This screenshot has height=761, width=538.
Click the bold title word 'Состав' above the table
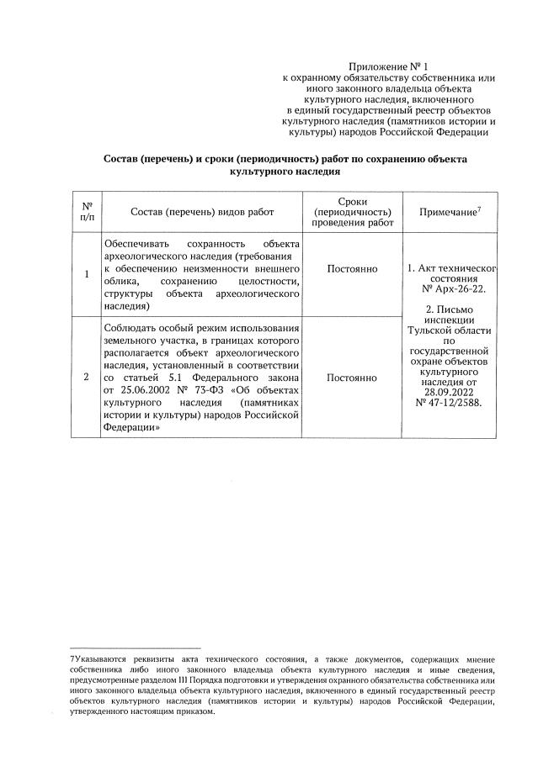point(125,158)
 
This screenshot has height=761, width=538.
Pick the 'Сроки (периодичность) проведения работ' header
point(353,213)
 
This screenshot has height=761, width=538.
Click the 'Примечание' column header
point(449,214)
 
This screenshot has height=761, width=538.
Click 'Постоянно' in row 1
point(353,269)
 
